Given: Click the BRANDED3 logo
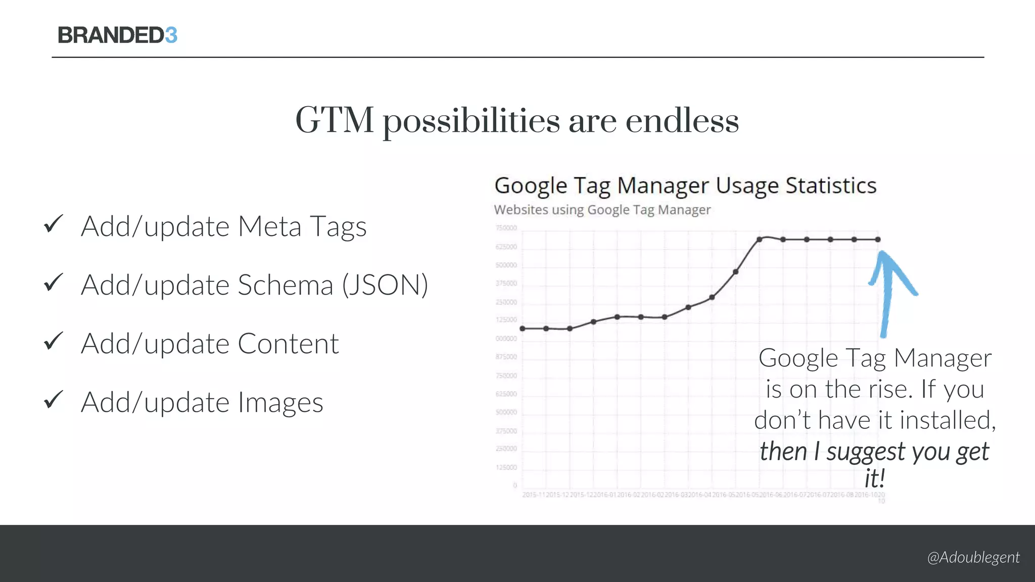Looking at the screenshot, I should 117,35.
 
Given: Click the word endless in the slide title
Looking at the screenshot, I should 682,121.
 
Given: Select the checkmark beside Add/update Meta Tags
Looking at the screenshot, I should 53,224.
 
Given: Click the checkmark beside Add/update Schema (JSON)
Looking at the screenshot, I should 53,282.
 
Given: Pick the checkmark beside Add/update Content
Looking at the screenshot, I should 53,341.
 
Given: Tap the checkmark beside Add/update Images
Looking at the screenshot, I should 53,400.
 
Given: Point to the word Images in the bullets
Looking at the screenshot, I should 280,403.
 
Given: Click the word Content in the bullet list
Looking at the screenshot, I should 288,344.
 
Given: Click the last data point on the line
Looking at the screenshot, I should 878,239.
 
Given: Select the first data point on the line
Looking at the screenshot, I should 523,328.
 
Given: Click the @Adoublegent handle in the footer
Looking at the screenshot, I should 973,557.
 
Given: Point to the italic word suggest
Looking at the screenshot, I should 865,452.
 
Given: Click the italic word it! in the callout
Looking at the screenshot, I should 875,478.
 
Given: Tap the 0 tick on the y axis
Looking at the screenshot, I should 515,486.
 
